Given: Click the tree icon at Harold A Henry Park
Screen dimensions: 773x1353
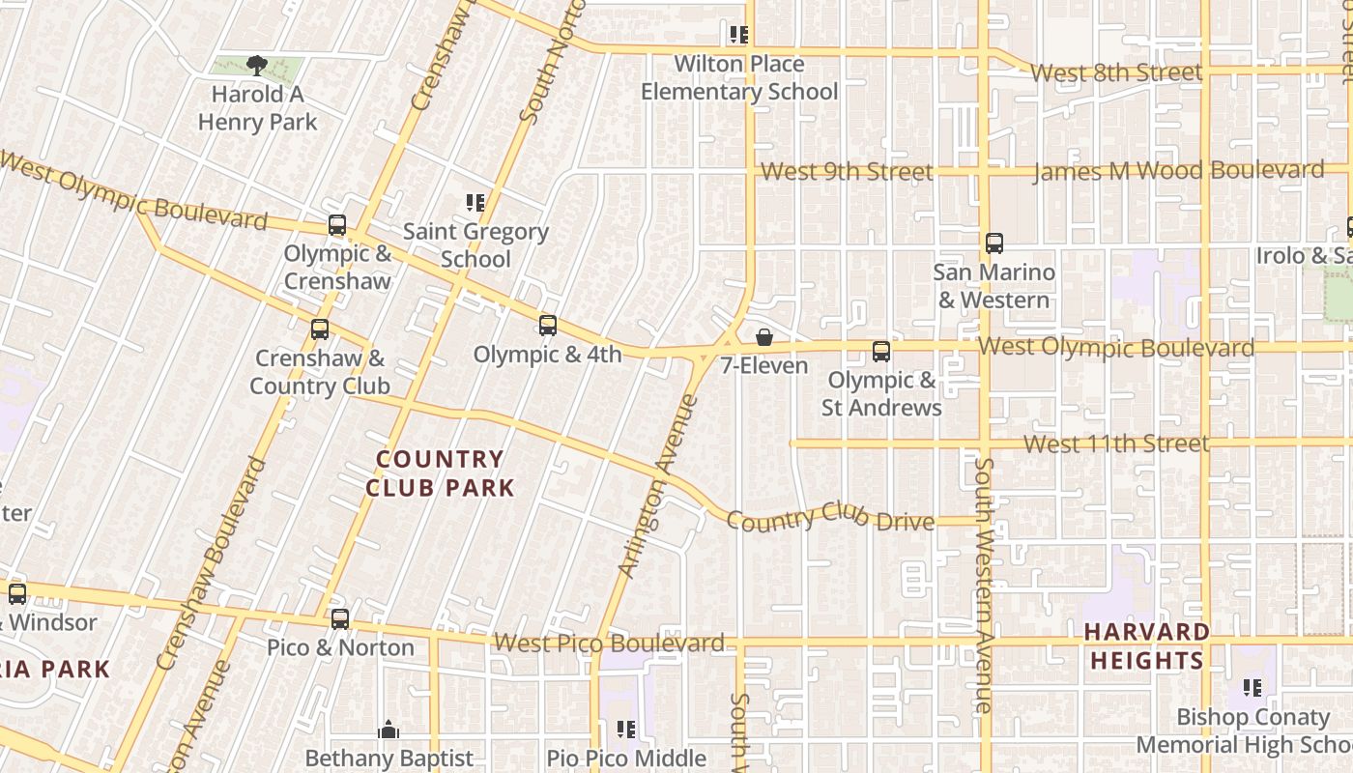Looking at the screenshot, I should point(256,66).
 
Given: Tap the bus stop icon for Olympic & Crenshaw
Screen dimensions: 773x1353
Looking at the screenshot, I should point(337,225).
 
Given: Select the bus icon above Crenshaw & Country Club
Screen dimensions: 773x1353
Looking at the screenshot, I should point(320,329).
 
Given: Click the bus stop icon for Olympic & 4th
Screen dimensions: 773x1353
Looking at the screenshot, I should point(548,326).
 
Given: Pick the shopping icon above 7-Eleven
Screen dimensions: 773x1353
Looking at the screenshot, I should point(764,337).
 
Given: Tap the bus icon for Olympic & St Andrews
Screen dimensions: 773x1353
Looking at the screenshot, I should point(881,352).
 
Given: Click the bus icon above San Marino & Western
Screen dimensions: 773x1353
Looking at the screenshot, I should point(994,243).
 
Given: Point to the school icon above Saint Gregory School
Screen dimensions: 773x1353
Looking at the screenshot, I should point(475,203).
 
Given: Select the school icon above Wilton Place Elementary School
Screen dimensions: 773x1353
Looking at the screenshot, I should point(739,36).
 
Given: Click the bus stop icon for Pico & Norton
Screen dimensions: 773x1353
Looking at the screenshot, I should point(340,619).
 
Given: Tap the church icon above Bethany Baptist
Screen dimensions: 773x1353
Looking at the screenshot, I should point(389,730).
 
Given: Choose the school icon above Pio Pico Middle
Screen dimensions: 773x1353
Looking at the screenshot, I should point(626,730).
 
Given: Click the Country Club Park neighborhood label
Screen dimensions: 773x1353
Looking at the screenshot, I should point(440,473).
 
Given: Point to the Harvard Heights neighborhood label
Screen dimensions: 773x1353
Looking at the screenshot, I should point(1146,646).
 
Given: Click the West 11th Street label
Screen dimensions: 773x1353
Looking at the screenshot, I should point(1116,444).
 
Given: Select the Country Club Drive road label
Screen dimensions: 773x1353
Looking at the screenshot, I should point(830,518).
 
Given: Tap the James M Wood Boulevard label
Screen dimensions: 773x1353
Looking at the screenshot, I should point(1179,171).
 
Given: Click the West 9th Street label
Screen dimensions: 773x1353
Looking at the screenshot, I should point(847,171).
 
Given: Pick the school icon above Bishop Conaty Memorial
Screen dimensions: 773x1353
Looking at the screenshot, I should point(1252,688).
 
